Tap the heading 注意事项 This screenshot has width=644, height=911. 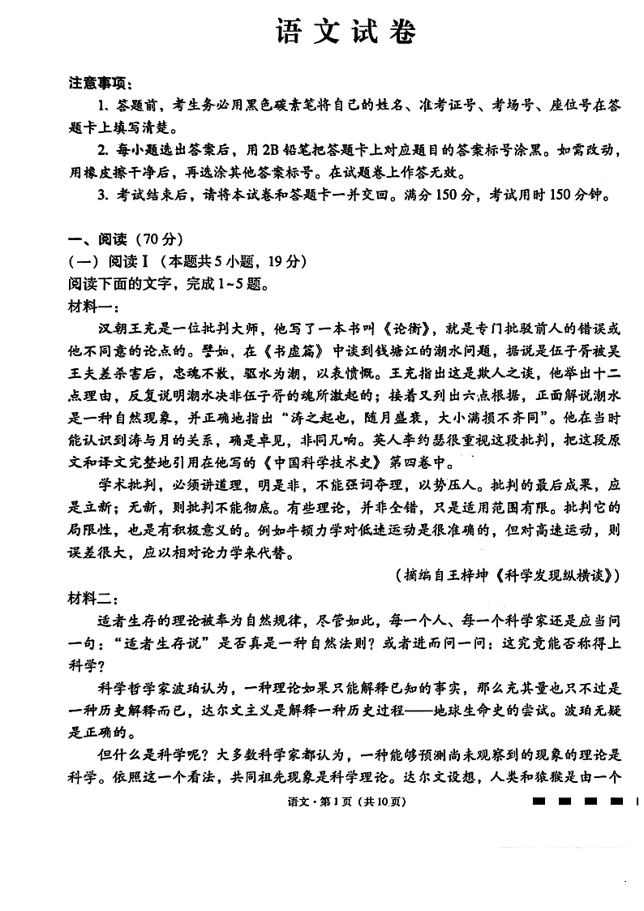(x=101, y=84)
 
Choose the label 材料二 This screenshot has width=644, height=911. (x=93, y=599)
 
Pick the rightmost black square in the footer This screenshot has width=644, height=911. (x=617, y=801)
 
